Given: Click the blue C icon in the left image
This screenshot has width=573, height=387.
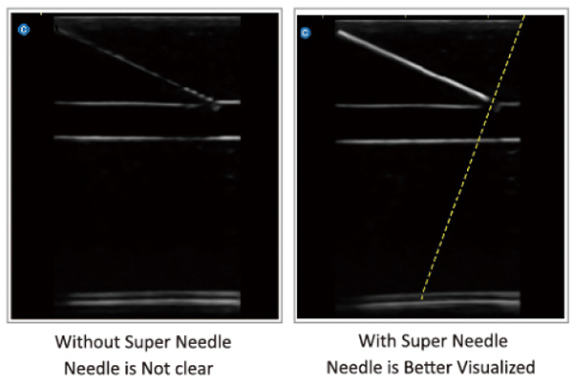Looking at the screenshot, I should [x=25, y=31].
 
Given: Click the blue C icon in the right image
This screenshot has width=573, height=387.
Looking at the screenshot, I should [x=306, y=33].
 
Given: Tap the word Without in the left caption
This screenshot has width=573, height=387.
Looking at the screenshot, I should [x=85, y=341].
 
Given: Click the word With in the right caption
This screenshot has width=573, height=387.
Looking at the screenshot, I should [x=376, y=340].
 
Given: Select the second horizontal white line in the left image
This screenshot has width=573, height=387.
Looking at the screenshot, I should [x=143, y=138].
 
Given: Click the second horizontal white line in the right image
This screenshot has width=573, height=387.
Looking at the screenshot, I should [x=411, y=141].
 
